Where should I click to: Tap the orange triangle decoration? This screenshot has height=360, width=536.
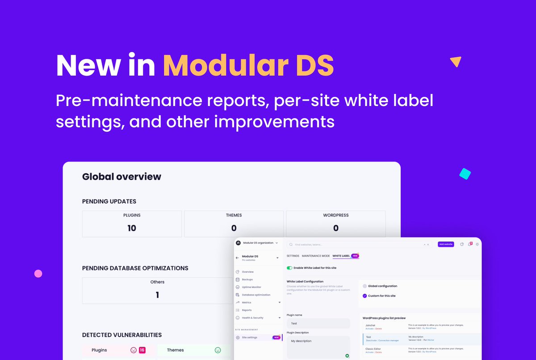click(x=456, y=62)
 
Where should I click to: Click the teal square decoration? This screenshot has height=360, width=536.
click(x=465, y=174)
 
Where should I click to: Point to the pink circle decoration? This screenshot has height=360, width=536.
click(x=38, y=274)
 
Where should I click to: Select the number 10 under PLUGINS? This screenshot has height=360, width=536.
click(x=132, y=228)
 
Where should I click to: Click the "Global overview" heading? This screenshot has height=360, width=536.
click(x=121, y=177)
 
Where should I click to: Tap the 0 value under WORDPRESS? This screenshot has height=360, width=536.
click(x=335, y=228)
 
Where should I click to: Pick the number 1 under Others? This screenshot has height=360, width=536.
click(x=157, y=295)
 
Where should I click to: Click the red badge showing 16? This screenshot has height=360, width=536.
click(x=142, y=350)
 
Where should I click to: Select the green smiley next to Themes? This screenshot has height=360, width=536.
click(x=218, y=350)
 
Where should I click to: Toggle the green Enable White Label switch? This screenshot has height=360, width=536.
click(x=289, y=268)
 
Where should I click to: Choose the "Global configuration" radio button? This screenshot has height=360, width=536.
click(x=365, y=286)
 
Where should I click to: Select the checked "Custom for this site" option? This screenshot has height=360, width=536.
click(x=365, y=296)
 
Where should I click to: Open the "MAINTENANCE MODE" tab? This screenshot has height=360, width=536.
click(x=315, y=256)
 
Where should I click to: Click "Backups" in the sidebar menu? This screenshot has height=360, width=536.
click(x=247, y=280)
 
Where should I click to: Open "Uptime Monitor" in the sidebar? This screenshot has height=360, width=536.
click(x=251, y=287)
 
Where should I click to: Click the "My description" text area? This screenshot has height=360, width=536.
click(x=318, y=347)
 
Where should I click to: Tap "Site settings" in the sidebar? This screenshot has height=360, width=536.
click(x=249, y=338)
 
